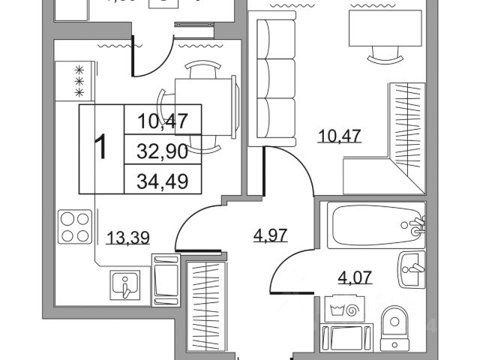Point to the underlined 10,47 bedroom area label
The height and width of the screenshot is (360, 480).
[330, 136]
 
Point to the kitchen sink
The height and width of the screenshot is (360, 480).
[125, 283]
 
